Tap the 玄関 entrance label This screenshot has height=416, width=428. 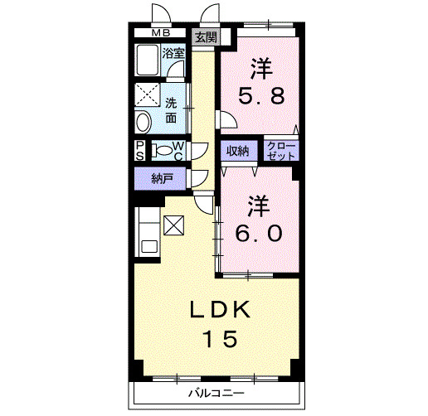pos(206,37)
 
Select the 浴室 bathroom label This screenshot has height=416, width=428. pos(173,52)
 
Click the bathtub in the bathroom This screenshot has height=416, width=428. pos(149,61)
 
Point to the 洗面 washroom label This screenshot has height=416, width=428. pos(170,110)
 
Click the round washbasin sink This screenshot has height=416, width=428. pos(143,121)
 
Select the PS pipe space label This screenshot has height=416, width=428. pos(140,152)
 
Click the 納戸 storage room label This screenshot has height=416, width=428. pos(162,177)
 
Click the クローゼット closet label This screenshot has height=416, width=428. pos(281,151)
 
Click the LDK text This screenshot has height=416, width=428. pos(220,310)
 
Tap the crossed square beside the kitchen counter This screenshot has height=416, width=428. pos(175,225)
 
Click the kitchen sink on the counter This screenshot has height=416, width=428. pos(148,246)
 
